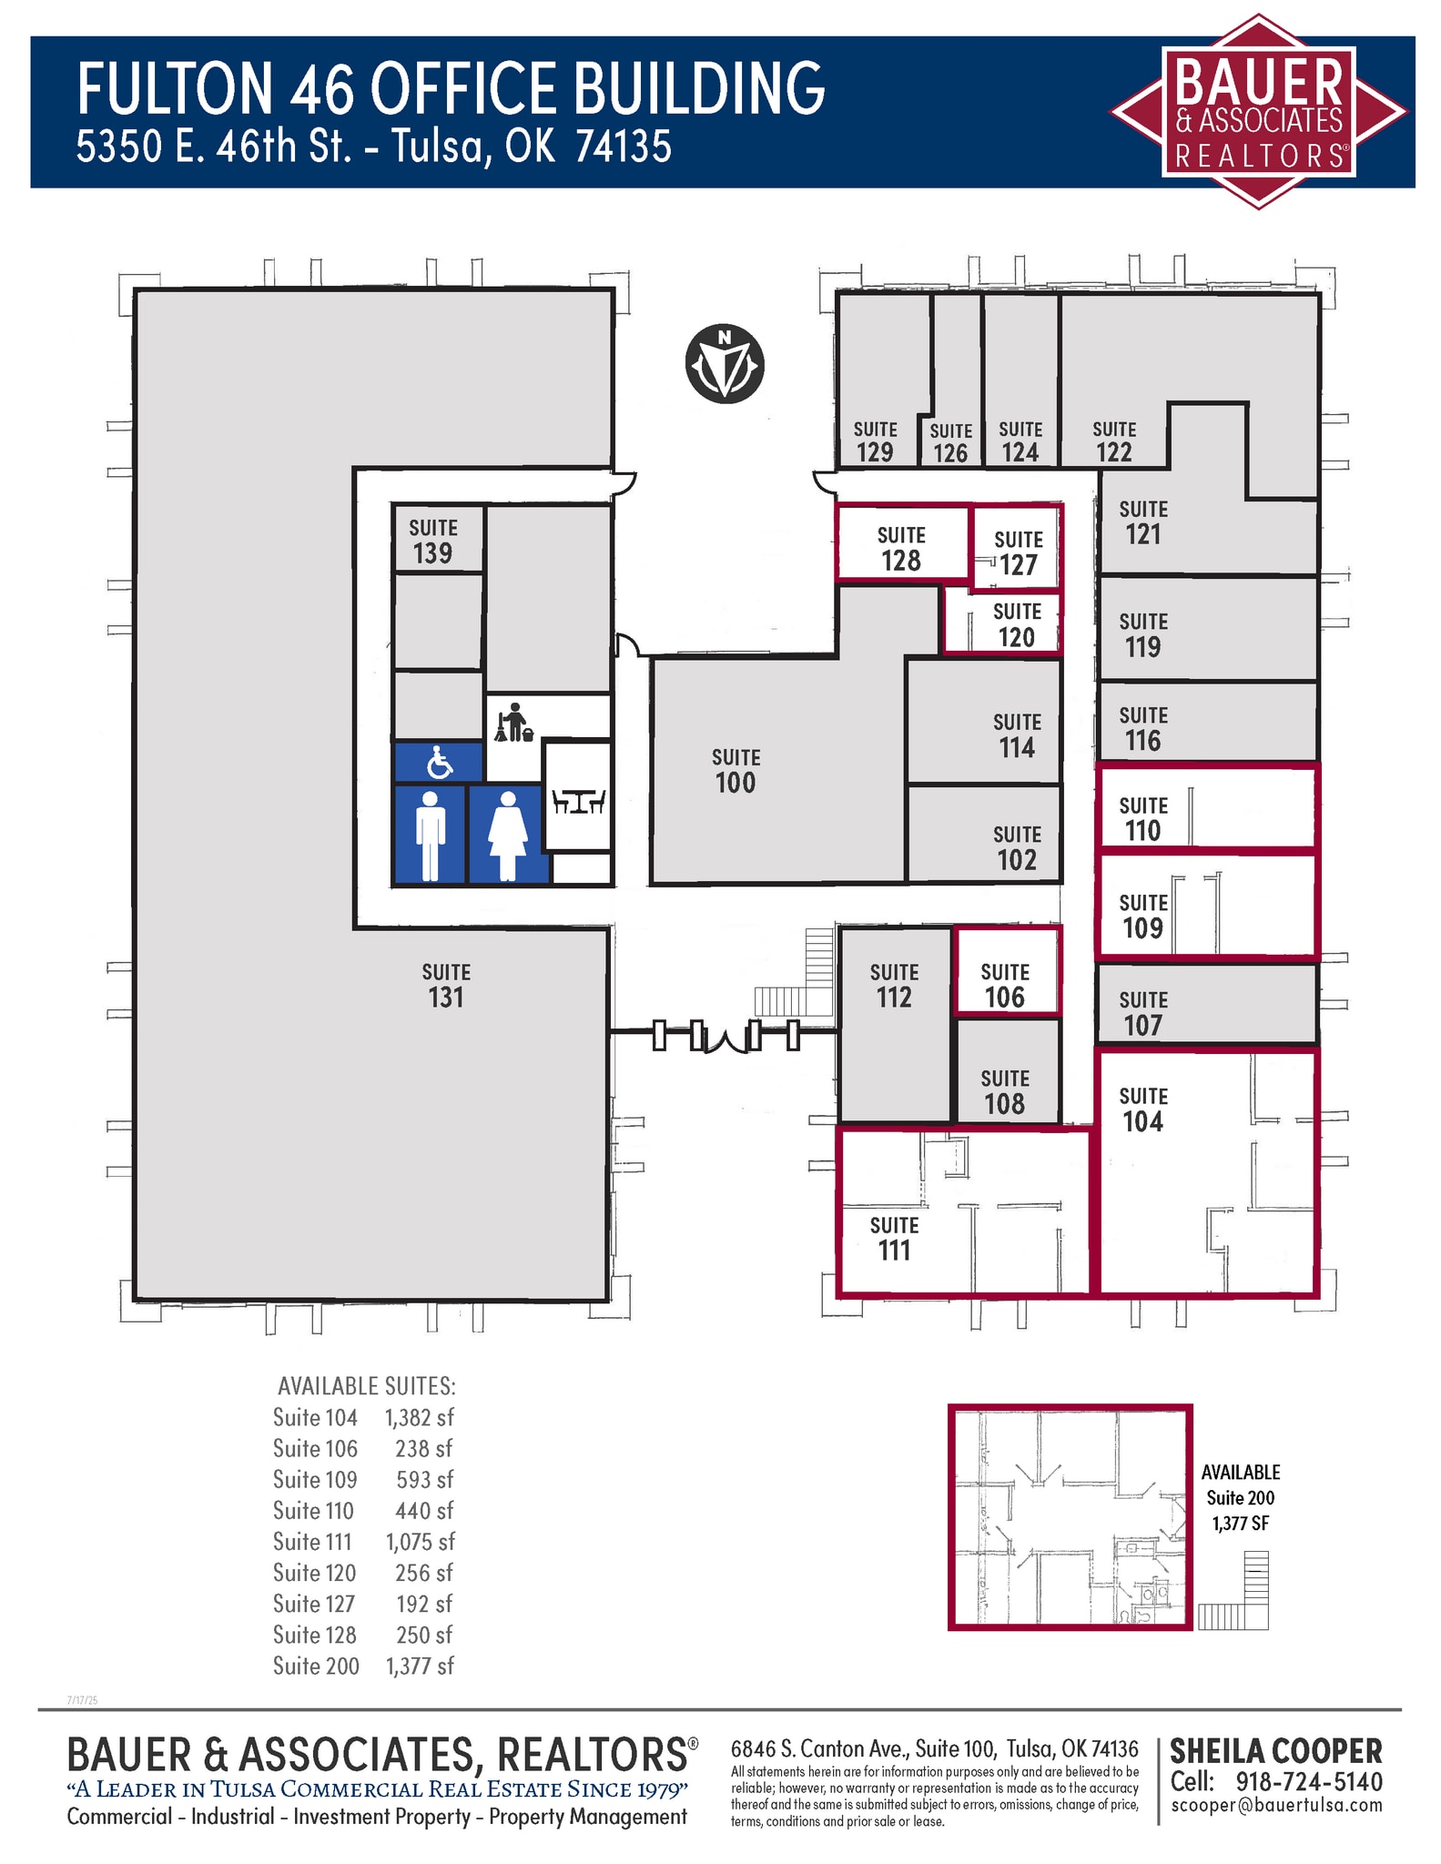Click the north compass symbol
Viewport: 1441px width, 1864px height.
725,364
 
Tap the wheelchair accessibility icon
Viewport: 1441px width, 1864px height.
440,763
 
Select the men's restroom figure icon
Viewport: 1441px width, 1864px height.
431,836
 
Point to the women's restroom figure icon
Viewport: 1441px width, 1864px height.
508,836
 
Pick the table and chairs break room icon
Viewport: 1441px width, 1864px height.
579,801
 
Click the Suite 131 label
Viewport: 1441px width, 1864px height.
446,986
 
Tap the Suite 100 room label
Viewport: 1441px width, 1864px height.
736,771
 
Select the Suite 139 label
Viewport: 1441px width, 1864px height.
432,542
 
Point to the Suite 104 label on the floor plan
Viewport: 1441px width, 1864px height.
1143,1109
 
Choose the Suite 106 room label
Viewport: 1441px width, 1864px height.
1005,986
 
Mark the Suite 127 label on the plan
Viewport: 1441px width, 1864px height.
1019,553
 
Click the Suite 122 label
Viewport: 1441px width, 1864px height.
1114,441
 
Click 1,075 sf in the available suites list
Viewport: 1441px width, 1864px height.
420,1541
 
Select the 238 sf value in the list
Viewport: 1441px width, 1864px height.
424,1448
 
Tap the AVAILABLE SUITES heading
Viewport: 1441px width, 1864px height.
367,1385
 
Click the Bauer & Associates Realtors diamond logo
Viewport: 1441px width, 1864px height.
1258,111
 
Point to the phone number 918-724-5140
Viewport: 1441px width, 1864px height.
1309,1781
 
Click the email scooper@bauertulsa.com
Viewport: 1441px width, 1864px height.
1276,1805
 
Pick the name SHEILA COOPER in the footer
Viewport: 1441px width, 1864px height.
1276,1751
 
